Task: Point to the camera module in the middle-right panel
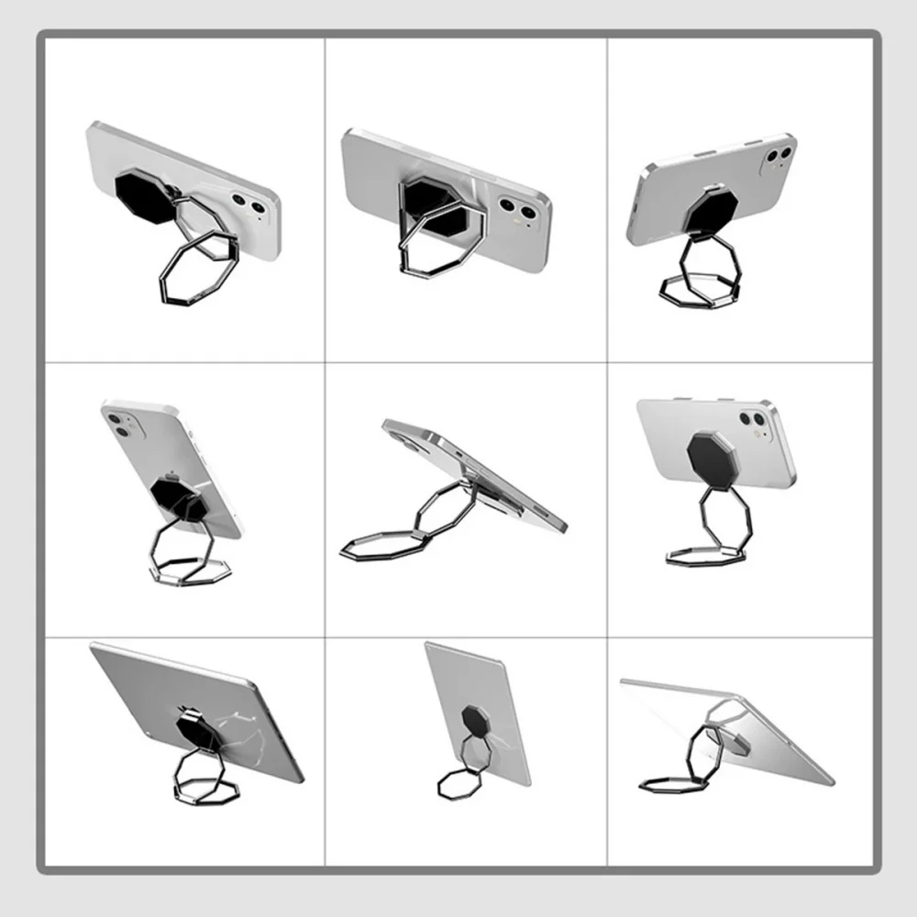coord(754,419)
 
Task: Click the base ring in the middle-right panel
coord(703,554)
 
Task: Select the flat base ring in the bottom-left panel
coord(207,788)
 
